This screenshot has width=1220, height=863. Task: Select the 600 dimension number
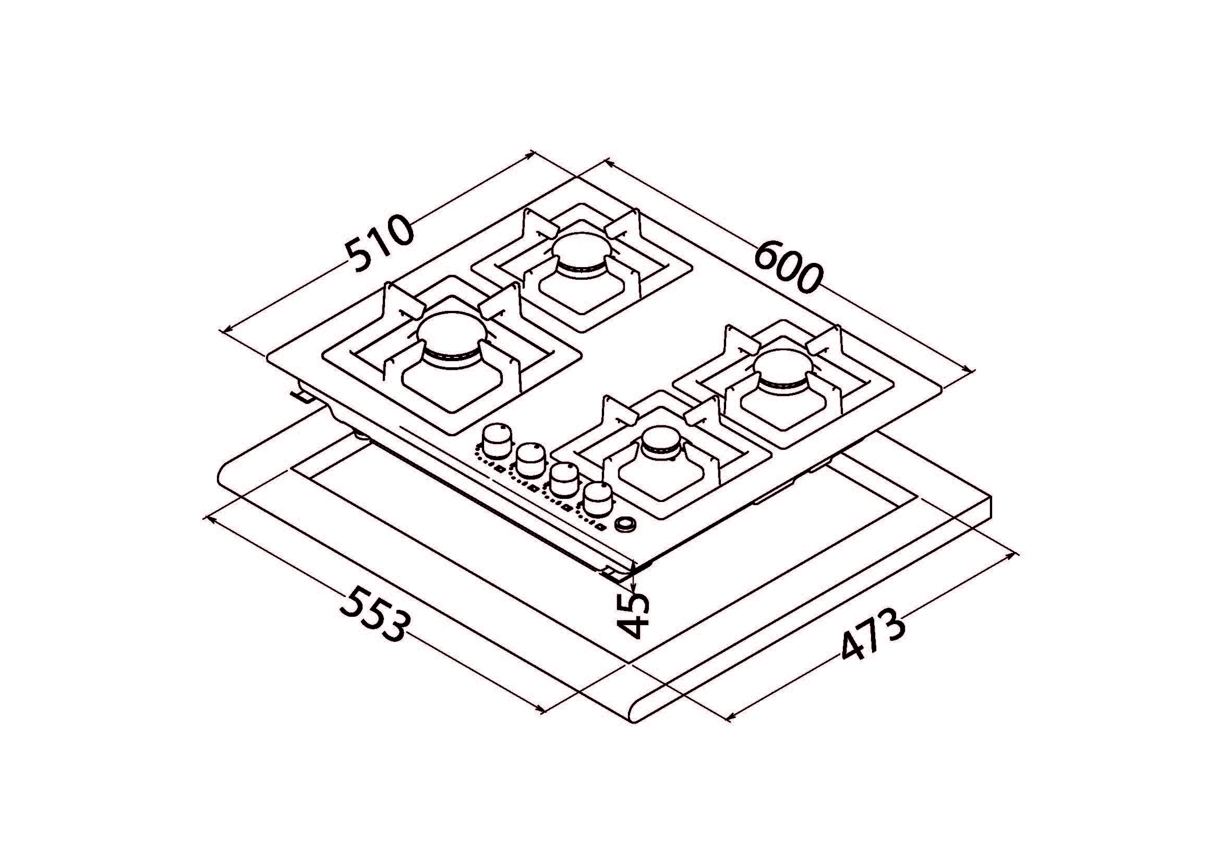(788, 271)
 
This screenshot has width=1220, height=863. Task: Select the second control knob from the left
(530, 460)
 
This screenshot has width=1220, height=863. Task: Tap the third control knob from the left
(564, 480)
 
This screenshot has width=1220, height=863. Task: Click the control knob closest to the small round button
(597, 499)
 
